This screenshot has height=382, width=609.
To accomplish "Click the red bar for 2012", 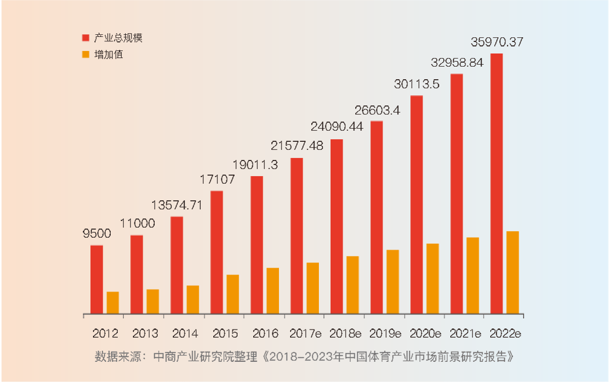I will click(x=97, y=280).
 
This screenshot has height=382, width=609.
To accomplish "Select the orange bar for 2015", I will click(x=233, y=294).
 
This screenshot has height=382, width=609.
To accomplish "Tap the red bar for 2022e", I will click(x=496, y=184).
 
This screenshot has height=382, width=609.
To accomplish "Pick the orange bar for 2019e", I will click(x=393, y=282).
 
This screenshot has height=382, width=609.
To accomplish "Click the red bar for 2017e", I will click(x=297, y=236).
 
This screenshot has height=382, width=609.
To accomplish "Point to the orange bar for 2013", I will click(x=153, y=301).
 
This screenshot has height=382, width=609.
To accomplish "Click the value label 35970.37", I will click(x=496, y=42).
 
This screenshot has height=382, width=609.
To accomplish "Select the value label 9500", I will click(x=97, y=234).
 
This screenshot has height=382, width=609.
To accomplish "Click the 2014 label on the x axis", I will click(x=185, y=334).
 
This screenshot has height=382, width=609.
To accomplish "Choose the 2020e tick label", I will click(x=425, y=334).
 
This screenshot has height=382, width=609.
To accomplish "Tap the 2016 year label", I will click(x=265, y=334).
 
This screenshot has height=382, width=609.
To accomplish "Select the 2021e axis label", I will click(x=464, y=334).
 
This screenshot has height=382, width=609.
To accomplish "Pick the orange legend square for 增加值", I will click(x=86, y=54).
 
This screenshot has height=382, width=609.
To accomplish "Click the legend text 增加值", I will click(x=109, y=54).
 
